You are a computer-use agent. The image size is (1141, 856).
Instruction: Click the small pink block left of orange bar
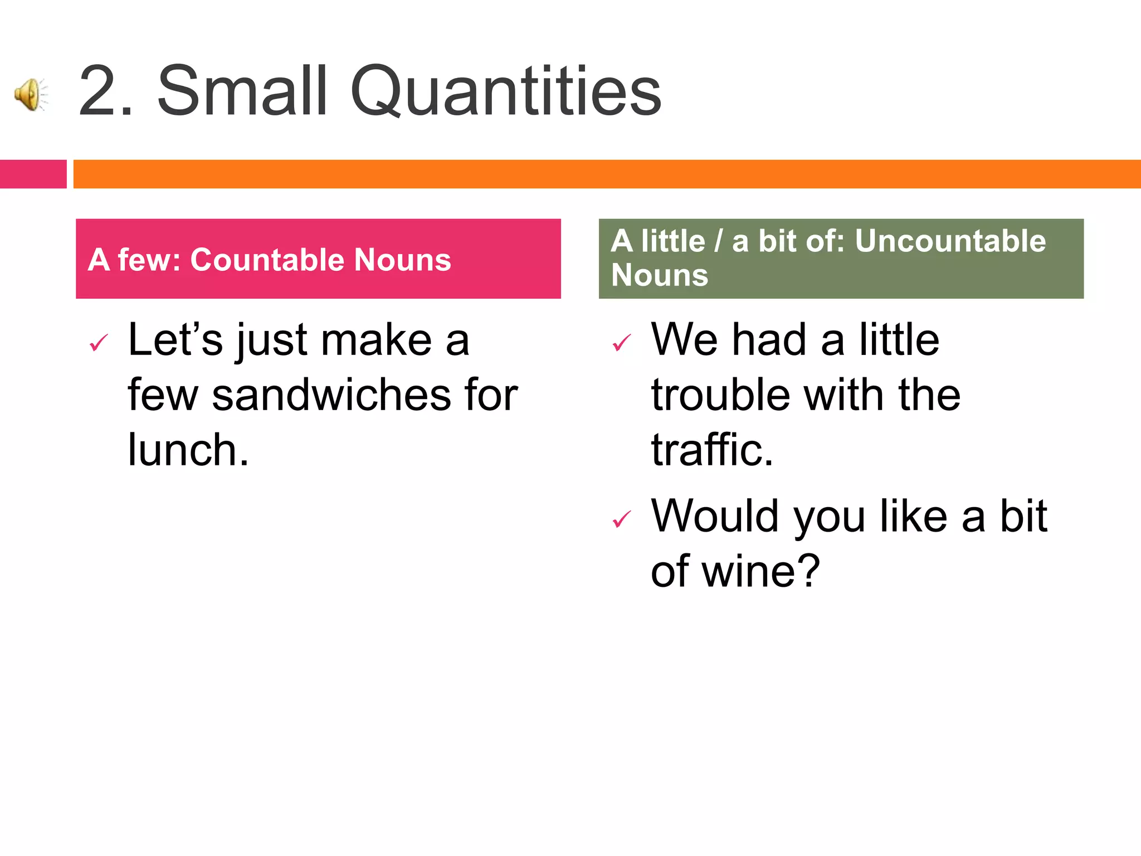coord(33,174)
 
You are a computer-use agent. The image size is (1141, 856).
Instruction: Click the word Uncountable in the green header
coord(950,241)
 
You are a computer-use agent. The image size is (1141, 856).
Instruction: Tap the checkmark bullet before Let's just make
coord(99,343)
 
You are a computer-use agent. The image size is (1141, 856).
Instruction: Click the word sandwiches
coord(331,395)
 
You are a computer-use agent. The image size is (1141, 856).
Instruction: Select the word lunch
coord(188,450)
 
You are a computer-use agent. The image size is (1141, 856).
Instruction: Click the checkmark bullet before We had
coord(622,343)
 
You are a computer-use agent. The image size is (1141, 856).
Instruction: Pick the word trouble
coord(720,395)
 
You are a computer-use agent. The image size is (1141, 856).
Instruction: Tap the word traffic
coord(712,450)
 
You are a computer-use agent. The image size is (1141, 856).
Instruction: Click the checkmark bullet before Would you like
coord(622,519)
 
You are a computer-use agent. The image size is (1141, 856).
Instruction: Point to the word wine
coord(760,571)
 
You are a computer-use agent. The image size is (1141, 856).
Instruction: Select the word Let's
coord(175,339)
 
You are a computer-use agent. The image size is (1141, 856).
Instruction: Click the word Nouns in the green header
coord(660,275)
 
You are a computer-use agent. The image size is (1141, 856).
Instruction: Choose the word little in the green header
coord(672,241)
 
